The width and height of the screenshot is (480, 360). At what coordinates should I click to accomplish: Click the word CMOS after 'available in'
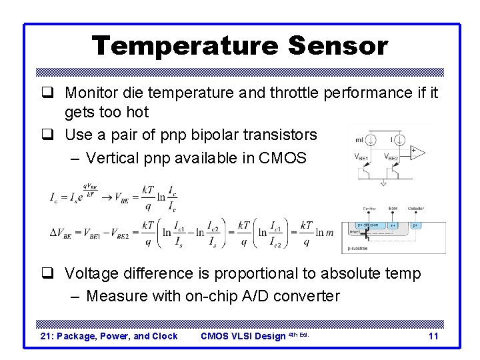tap(285, 158)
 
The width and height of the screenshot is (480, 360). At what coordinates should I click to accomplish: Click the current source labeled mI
tap(372, 141)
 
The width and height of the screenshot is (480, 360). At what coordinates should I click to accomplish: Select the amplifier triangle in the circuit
tap(417, 153)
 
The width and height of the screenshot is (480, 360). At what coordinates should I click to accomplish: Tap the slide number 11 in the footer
tap(433, 336)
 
